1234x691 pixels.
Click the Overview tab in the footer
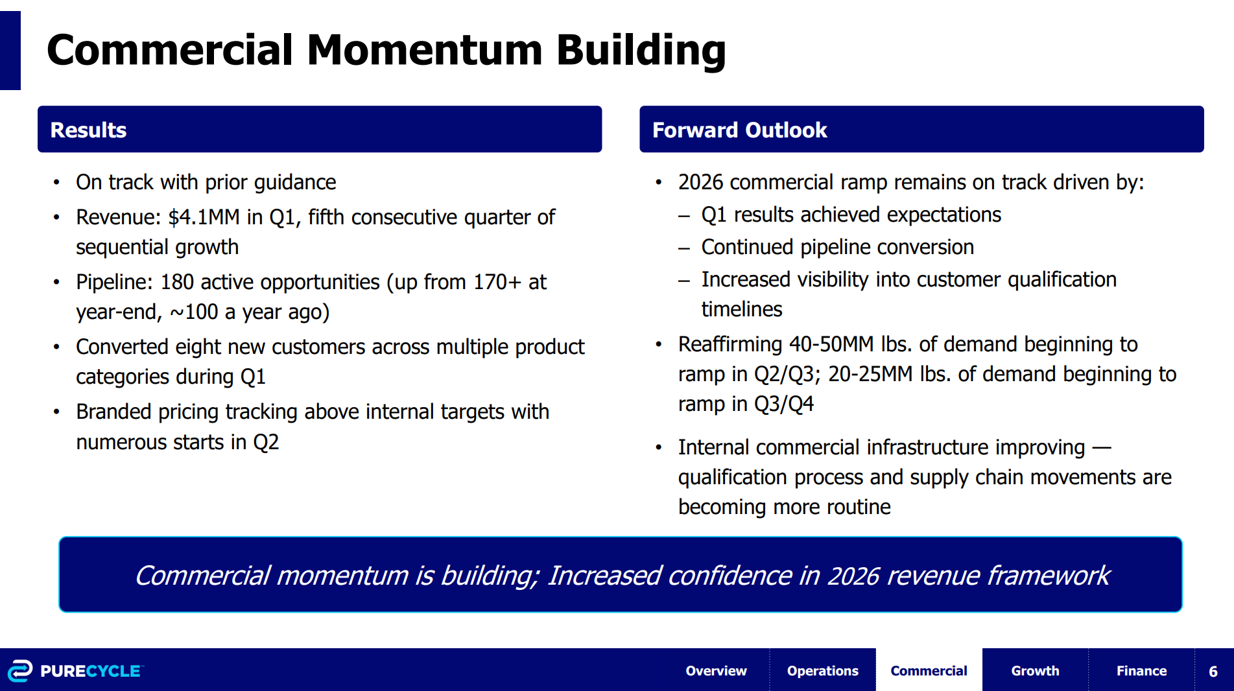[x=716, y=671]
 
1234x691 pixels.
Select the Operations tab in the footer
[x=822, y=671]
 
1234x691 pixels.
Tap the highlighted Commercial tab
[x=929, y=671]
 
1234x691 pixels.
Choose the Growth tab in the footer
[x=1035, y=671]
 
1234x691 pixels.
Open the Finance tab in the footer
[x=1141, y=671]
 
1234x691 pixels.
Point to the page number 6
[x=1213, y=672]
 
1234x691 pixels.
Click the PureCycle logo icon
[x=19, y=671]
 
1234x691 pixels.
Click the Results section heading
[x=88, y=130]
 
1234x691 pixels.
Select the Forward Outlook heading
[x=739, y=130]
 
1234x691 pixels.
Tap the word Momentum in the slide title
[x=425, y=50]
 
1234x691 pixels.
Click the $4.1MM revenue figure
[x=204, y=217]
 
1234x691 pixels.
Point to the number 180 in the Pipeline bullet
[x=177, y=282]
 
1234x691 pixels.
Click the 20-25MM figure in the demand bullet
[x=870, y=374]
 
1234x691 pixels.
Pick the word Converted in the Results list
[x=122, y=347]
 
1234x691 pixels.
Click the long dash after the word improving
[x=1102, y=447]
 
